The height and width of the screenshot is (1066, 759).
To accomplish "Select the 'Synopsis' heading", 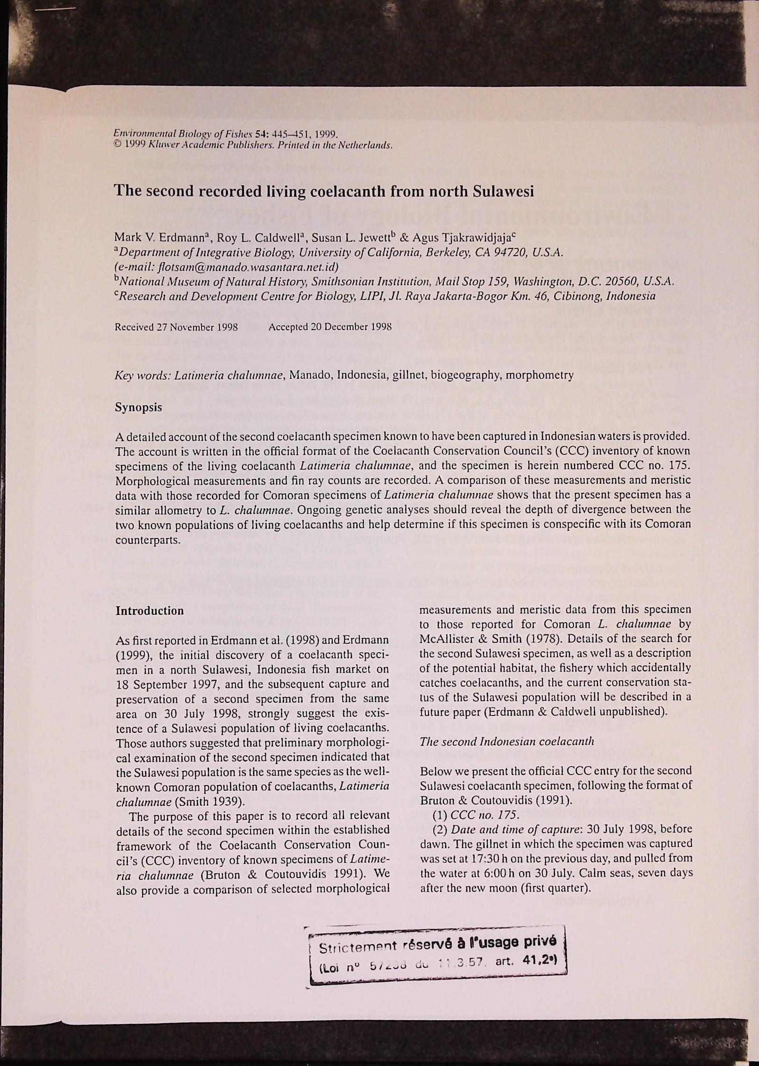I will (x=139, y=407).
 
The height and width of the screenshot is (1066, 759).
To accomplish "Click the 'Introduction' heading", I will (x=150, y=611).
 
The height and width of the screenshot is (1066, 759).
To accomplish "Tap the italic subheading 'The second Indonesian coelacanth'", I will (x=507, y=741).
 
